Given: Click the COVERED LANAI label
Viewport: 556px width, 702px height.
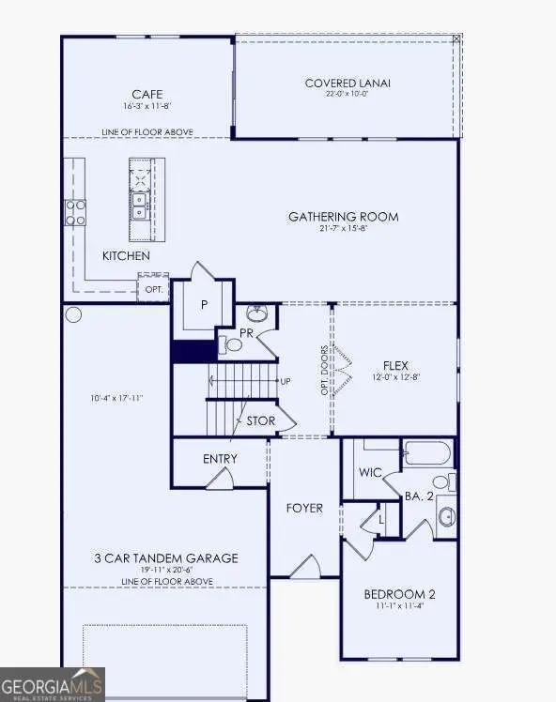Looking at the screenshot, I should click(347, 84).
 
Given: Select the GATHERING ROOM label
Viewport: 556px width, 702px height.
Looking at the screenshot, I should click(343, 217).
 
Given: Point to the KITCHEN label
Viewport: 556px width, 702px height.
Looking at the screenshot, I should click(126, 255).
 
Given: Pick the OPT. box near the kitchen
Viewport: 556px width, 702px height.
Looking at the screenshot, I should click(154, 289).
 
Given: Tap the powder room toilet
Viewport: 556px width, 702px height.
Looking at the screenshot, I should click(232, 344).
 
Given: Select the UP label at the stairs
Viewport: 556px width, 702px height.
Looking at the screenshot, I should click(285, 381).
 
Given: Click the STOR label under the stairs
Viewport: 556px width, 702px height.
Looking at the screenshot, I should click(260, 420).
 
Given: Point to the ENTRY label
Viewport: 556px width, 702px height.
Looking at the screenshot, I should click(220, 459).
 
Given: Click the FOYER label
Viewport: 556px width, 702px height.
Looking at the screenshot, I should click(304, 508).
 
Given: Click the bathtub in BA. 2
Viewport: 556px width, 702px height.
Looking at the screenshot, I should click(428, 454).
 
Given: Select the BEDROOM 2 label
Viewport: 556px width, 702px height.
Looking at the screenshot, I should click(399, 594).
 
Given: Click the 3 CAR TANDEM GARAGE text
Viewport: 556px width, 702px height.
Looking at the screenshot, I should click(166, 558).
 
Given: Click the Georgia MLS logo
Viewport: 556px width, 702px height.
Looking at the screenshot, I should click(53, 684).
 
